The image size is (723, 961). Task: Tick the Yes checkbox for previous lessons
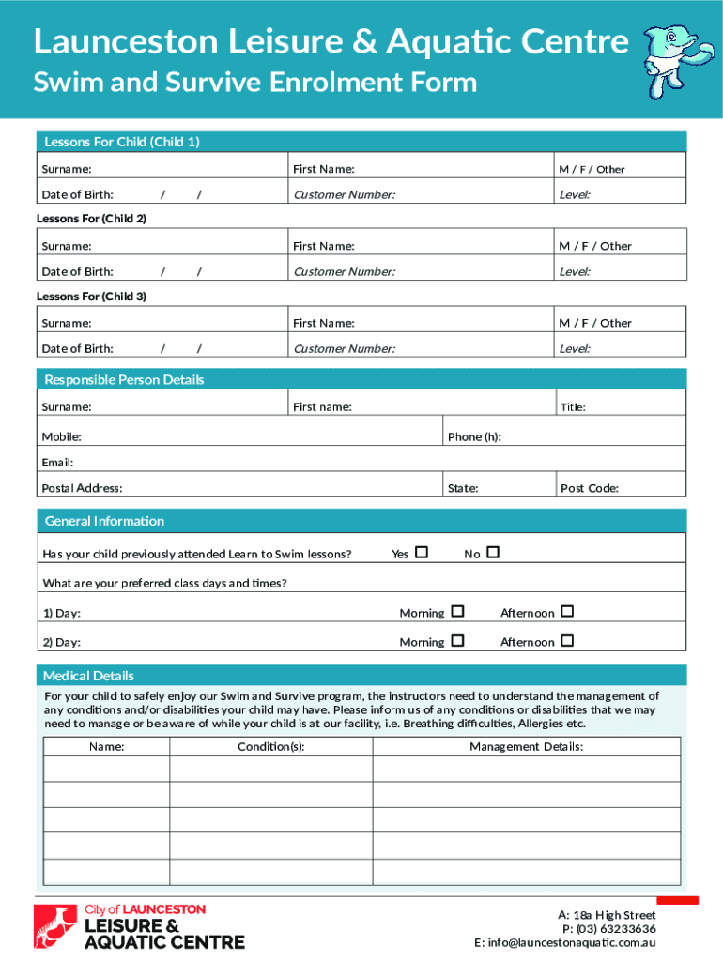422,553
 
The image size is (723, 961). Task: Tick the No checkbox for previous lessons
493,553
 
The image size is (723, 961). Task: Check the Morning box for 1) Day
457,612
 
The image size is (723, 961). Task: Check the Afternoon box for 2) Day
566,641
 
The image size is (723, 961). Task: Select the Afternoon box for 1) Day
566,612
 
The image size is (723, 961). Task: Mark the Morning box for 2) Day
457,641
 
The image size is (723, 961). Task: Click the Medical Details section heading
89,676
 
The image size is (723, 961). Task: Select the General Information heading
104,521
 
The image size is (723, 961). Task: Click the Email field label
57,462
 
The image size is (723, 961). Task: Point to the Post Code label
589,488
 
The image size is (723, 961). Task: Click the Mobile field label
61,436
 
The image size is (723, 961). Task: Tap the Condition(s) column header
270,747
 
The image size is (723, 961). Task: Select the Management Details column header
526,747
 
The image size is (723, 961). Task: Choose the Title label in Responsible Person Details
573,407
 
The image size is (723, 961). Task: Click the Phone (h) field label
474,436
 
